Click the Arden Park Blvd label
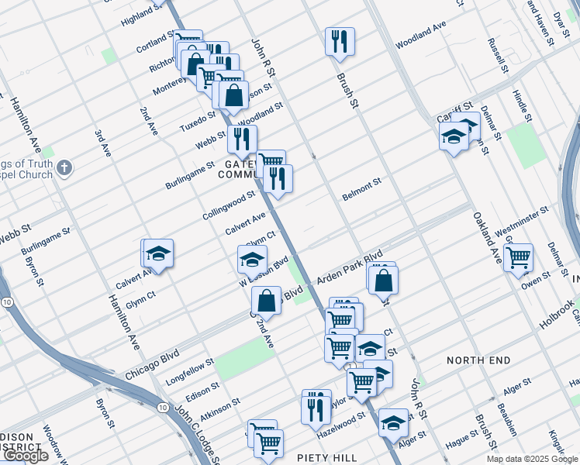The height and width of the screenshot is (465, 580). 349,266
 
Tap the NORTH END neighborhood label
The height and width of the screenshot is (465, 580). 478,360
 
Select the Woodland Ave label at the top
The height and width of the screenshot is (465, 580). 421,36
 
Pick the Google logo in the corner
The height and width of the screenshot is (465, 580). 26,456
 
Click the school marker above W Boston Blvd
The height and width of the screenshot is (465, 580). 252,260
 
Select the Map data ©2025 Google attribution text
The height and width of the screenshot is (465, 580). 531,459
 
